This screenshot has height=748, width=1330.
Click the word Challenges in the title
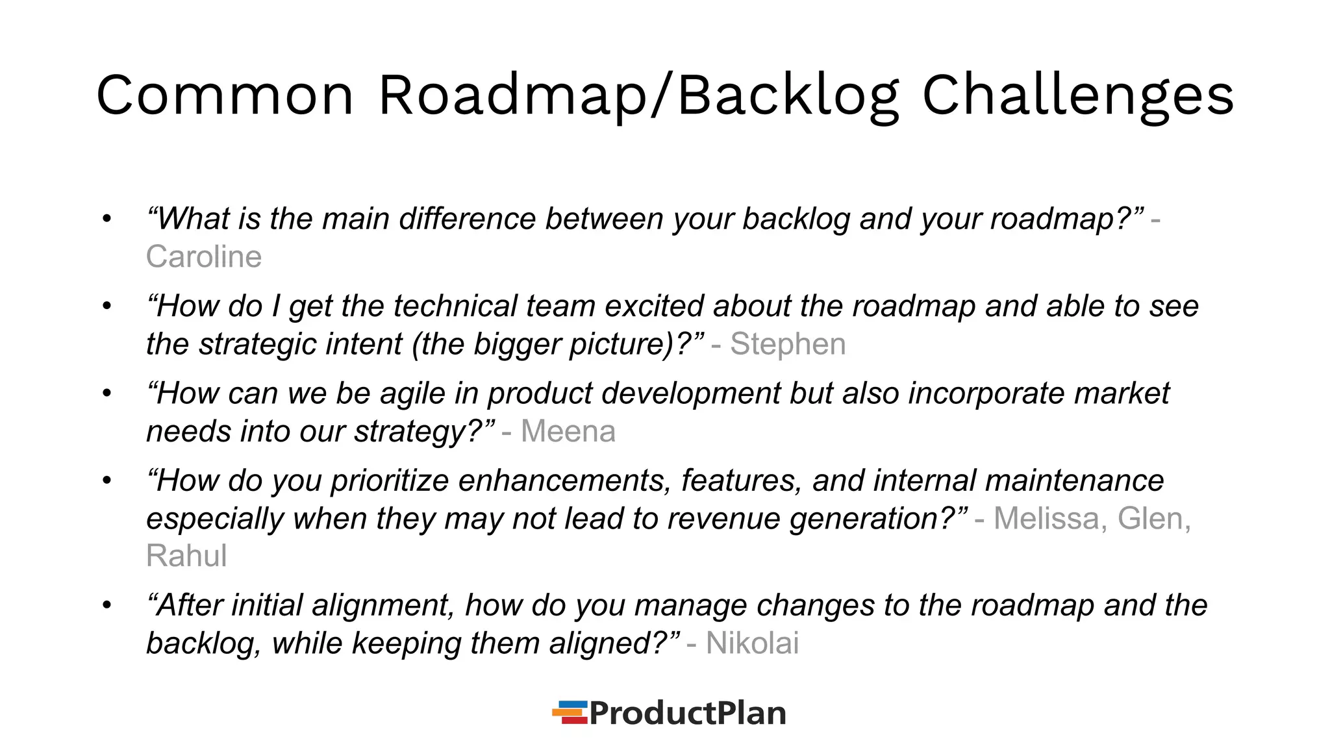1077,95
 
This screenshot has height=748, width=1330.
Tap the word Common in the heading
225,95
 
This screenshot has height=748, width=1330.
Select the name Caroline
204,256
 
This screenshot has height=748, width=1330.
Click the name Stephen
788,344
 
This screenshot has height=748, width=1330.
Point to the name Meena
568,431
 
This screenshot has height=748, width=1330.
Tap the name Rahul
186,556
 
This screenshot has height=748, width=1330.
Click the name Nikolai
752,643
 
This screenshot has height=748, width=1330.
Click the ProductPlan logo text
687,713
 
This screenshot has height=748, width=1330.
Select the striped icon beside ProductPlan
570,712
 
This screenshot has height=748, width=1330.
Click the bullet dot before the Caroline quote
107,219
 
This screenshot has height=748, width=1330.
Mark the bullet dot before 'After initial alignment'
107,605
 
